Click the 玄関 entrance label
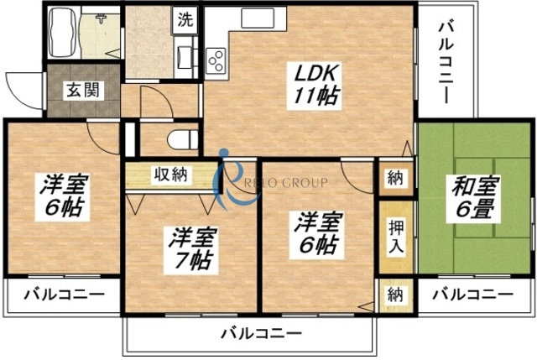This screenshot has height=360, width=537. pos(81,90)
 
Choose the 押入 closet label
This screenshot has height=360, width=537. pos(395,236)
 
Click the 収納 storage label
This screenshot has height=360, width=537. pos(171,175)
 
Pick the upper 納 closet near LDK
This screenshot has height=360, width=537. pos(394,178)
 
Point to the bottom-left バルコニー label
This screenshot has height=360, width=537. pos(64,295)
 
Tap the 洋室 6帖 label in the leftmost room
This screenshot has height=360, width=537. pos(63,196)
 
